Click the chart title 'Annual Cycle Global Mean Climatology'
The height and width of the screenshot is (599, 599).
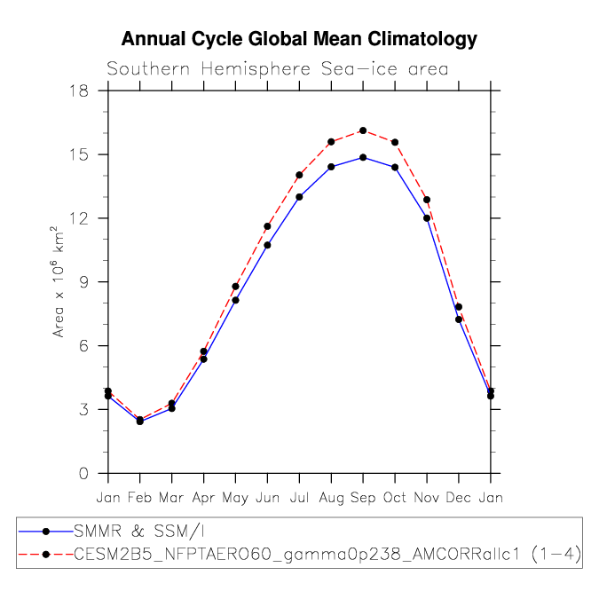(299, 39)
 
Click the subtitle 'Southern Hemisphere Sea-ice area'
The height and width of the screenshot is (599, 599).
(278, 69)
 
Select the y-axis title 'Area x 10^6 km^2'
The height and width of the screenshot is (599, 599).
(58, 281)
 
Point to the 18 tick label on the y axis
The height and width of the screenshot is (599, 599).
(78, 91)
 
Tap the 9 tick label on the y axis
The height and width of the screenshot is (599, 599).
(83, 282)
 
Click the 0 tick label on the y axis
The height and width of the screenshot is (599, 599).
(83, 473)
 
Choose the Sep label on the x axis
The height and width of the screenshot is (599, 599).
(363, 497)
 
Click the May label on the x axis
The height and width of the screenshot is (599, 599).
(235, 498)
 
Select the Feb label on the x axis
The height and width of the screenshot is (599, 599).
(140, 497)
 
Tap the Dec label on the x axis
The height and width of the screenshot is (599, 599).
(459, 497)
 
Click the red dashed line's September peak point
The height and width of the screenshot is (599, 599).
(363, 130)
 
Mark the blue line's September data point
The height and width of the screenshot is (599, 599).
(363, 157)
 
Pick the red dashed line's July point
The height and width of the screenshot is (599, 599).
(299, 175)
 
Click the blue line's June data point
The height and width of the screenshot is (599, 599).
(267, 245)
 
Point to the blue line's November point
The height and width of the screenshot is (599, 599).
(427, 218)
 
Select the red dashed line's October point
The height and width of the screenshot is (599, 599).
(395, 143)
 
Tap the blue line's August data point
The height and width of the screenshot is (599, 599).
(331, 167)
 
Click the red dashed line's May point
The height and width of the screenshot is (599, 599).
(235, 287)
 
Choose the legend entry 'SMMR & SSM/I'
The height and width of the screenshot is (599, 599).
(139, 532)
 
